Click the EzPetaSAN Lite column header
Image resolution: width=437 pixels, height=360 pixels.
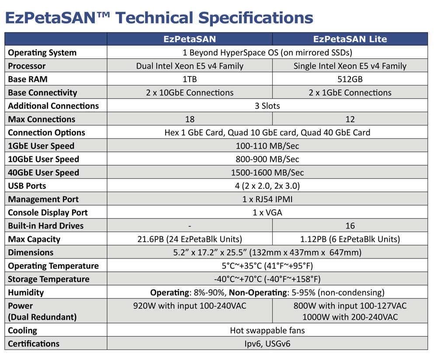click(350, 39)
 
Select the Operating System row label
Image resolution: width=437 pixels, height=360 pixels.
click(42, 53)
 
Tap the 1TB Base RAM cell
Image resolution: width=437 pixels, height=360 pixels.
click(190, 79)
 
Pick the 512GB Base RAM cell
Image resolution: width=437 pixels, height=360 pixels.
click(350, 79)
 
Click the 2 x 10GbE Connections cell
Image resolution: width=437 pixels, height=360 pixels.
click(190, 93)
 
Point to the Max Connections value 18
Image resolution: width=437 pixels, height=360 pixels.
click(190, 119)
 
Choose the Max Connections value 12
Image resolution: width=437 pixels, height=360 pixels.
click(350, 119)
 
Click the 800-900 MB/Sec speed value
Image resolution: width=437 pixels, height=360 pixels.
click(267, 159)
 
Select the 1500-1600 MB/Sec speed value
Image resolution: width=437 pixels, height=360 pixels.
click(267, 173)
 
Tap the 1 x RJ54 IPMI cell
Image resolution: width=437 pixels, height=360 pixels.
click(267, 199)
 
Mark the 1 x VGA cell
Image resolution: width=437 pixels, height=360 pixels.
click(267, 213)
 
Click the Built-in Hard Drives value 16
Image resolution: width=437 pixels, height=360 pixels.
click(350, 226)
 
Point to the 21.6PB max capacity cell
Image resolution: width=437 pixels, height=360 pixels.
click(190, 239)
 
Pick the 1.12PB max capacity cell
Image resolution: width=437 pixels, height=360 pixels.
click(350, 239)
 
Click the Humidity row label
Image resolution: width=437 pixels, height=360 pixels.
click(26, 293)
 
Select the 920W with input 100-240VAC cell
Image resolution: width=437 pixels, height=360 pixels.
click(190, 306)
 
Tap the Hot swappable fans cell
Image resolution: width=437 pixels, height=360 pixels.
click(267, 330)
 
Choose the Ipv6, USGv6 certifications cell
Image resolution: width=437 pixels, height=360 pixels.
click(267, 344)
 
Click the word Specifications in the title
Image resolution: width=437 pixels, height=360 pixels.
click(256, 18)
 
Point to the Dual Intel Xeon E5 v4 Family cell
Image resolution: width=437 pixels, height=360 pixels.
click(190, 66)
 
